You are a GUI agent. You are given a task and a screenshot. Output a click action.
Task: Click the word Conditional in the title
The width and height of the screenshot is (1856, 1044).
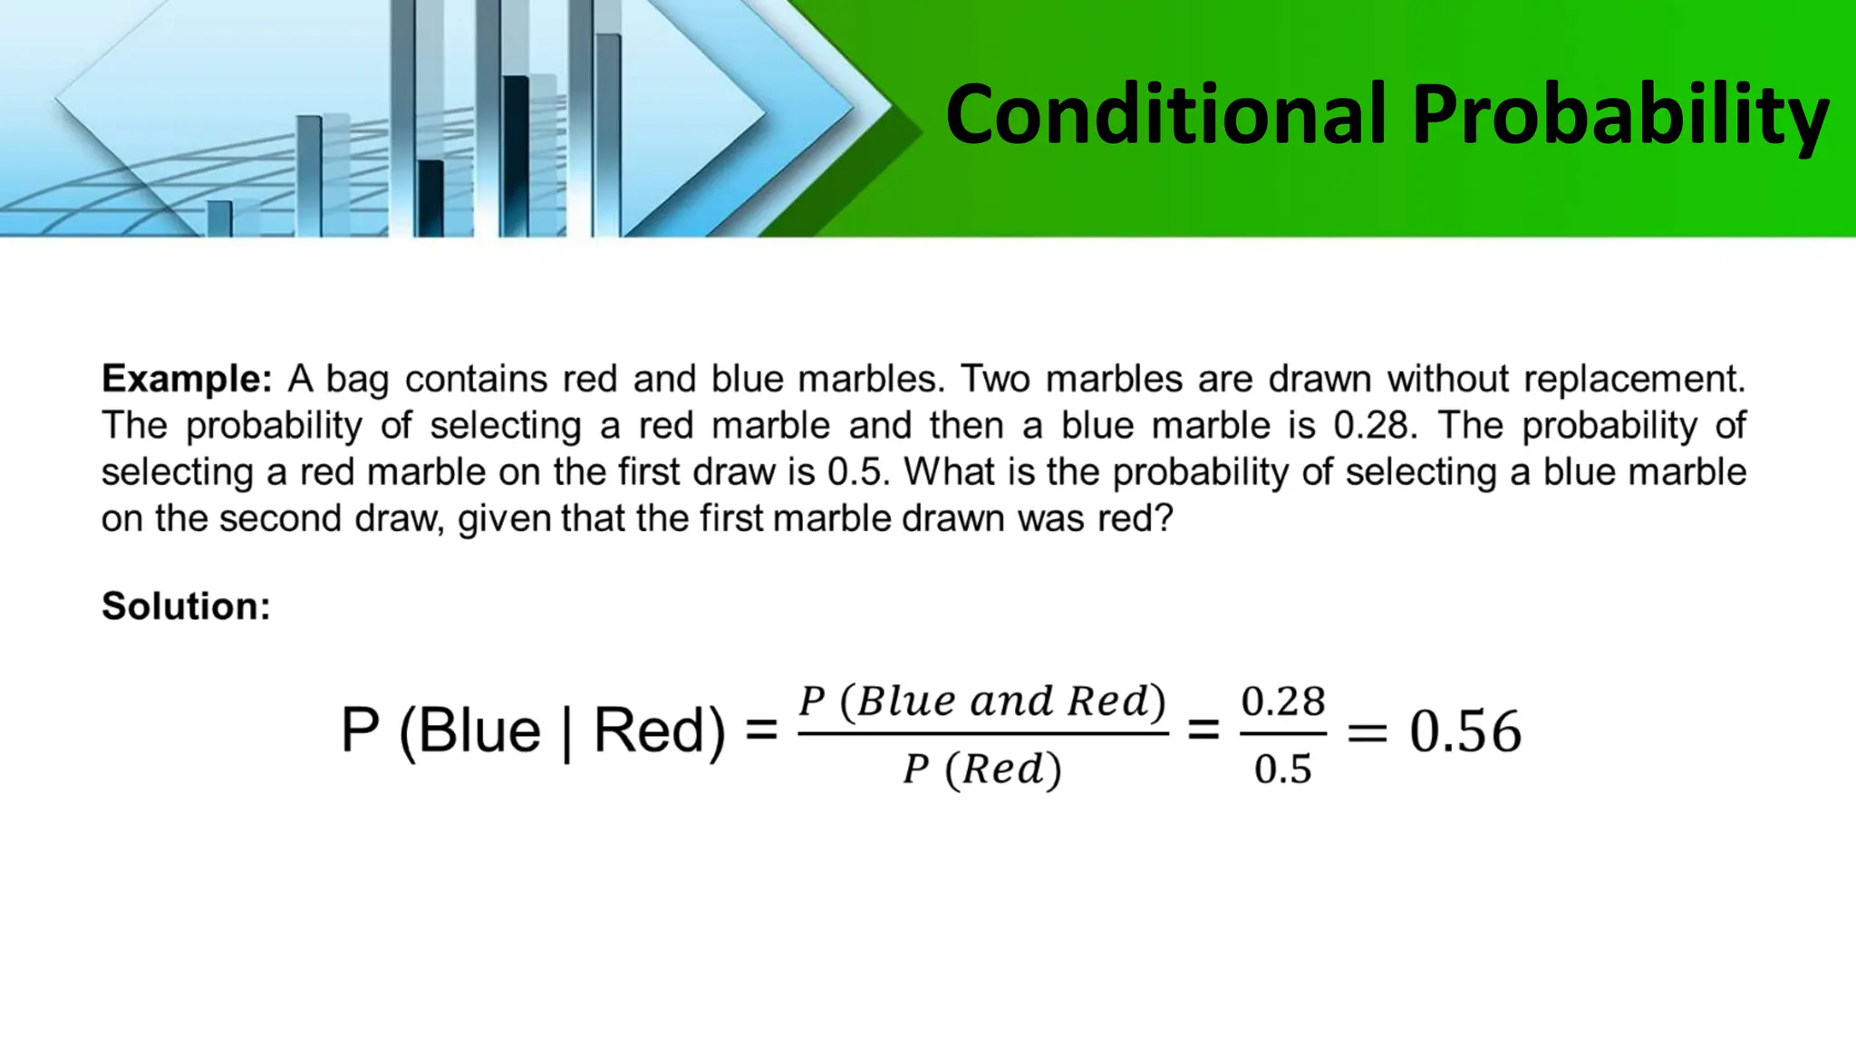(1165, 115)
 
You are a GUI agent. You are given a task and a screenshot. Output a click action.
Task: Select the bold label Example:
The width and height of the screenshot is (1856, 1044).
(187, 379)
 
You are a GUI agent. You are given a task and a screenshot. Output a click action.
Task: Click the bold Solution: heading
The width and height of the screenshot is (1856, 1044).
(186, 606)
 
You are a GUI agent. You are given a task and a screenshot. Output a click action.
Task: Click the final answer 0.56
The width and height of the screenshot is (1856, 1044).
(1464, 731)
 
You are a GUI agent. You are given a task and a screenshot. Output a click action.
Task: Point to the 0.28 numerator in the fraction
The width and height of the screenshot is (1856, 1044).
(1283, 701)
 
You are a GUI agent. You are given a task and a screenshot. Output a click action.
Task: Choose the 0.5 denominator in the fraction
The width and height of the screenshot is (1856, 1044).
(1283, 769)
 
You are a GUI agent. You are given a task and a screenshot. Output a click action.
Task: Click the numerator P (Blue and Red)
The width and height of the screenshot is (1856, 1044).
(982, 701)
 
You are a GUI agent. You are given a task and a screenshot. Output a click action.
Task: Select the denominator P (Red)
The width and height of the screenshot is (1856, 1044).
(982, 769)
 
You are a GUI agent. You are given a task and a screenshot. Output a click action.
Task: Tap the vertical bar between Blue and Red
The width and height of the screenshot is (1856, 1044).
(567, 731)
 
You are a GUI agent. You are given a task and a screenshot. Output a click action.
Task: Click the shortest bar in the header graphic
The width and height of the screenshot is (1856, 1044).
(219, 217)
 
